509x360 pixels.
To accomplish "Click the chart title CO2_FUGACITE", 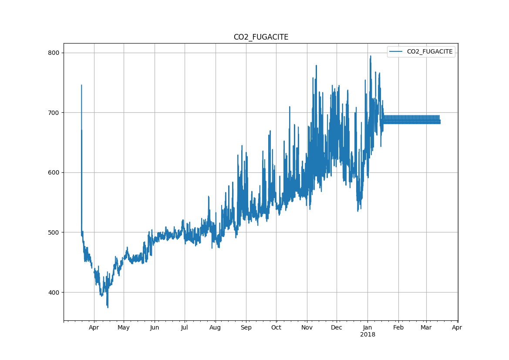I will [261, 37].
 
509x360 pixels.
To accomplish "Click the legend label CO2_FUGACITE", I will [430, 52].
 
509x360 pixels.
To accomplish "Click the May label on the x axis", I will [124, 328].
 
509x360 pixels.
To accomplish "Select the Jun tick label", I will [155, 328].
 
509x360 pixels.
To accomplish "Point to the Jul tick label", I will [185, 328].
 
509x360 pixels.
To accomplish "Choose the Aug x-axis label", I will [216, 328].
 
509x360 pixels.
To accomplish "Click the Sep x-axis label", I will [246, 328].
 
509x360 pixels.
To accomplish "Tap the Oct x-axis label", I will [276, 328].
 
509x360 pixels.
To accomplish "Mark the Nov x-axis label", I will [307, 328].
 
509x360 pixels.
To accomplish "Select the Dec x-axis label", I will [337, 328].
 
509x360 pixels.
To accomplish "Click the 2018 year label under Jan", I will [367, 335].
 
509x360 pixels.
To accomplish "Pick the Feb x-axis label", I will [398, 328].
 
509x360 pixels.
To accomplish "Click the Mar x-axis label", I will [426, 328].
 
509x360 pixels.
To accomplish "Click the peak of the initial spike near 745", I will [81, 85].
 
